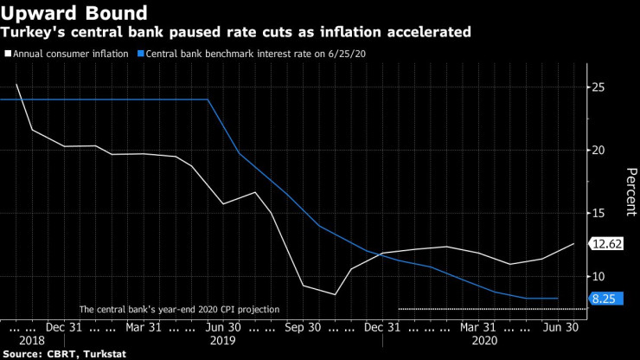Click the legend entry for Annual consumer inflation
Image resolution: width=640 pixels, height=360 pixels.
(x=68, y=54)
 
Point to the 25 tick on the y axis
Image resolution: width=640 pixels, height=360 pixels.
(x=598, y=87)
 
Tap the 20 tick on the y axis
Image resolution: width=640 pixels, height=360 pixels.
(x=598, y=151)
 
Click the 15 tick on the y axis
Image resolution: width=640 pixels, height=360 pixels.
(x=598, y=213)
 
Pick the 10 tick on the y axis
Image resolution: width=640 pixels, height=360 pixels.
(x=598, y=276)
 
